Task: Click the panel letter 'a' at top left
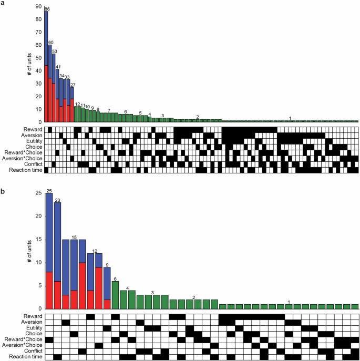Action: point(3,3)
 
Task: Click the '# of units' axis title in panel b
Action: point(30,250)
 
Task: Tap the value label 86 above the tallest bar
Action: point(47,9)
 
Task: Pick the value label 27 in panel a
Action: point(73,85)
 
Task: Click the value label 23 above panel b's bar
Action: point(57,200)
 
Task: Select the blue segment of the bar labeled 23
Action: point(57,242)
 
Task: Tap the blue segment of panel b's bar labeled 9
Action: point(107,284)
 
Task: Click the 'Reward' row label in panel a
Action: point(33,129)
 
